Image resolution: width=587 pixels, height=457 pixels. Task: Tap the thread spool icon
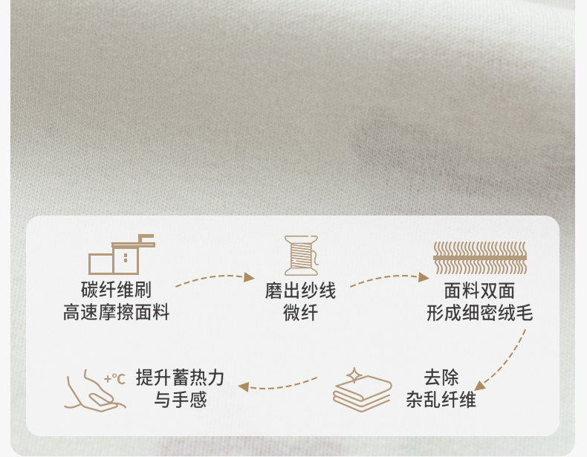pyautogui.click(x=301, y=255)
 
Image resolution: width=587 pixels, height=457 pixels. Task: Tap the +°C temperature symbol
pyautogui.click(x=114, y=378)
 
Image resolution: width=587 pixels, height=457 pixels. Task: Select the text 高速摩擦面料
pyautogui.click(x=117, y=313)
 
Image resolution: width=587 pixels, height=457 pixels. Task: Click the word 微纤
pyautogui.click(x=300, y=313)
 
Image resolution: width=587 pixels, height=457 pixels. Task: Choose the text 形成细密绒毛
pyautogui.click(x=479, y=313)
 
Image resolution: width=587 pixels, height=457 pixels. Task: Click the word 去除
pyautogui.click(x=441, y=377)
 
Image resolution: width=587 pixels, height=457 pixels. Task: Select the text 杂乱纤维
pyautogui.click(x=441, y=400)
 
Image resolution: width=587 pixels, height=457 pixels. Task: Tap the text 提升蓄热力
pyautogui.click(x=181, y=377)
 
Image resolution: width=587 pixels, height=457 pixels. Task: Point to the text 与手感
pyautogui.click(x=181, y=400)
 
